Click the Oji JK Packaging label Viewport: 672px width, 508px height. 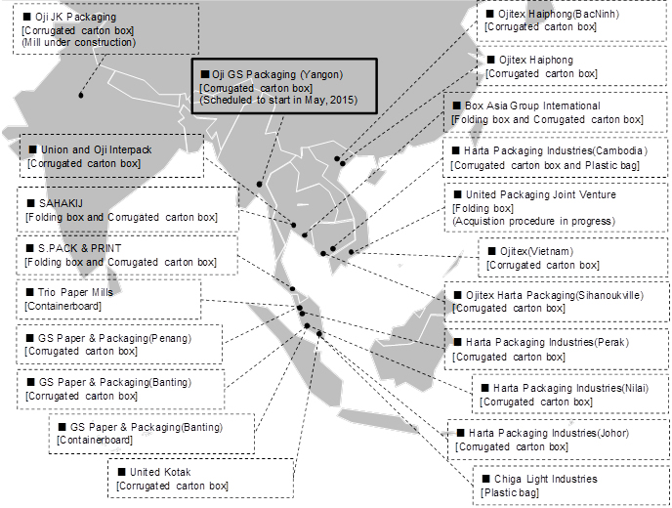pyautogui.click(x=76, y=18)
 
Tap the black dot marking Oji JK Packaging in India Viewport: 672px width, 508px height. pyautogui.click(x=80, y=95)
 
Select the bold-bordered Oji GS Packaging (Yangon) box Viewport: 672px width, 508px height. pyautogui.click(x=284, y=86)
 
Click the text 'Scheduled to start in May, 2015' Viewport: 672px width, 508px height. pyautogui.click(x=278, y=100)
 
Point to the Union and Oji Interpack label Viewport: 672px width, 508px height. pyautogui.click(x=97, y=149)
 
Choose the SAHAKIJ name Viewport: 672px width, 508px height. pyautogui.click(x=61, y=203)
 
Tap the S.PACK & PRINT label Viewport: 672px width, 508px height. pyautogui.click(x=80, y=248)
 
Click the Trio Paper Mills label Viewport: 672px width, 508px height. pyautogui.click(x=75, y=292)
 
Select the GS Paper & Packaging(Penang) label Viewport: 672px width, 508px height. pyautogui.click(x=115, y=338)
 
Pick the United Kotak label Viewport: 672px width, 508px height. pyautogui.click(x=160, y=472)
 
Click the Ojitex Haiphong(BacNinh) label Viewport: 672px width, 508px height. pyautogui.click(x=559, y=14)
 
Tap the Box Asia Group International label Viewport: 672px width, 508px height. pyautogui.click(x=532, y=106)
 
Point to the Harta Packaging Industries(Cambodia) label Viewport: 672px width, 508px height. pyautogui.click(x=556, y=150)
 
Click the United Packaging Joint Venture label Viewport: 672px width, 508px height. pyautogui.click(x=541, y=194)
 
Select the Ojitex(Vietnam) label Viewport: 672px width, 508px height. pyautogui.click(x=536, y=251)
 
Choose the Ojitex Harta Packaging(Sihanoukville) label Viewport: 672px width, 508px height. pyautogui.click(x=555, y=295)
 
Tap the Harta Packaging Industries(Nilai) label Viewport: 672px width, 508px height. pyautogui.click(x=570, y=388)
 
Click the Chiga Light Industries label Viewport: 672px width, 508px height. pyautogui.click(x=546, y=479)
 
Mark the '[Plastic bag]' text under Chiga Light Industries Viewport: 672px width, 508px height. pyautogui.click(x=510, y=492)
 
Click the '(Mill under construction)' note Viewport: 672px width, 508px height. pyautogui.click(x=79, y=42)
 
